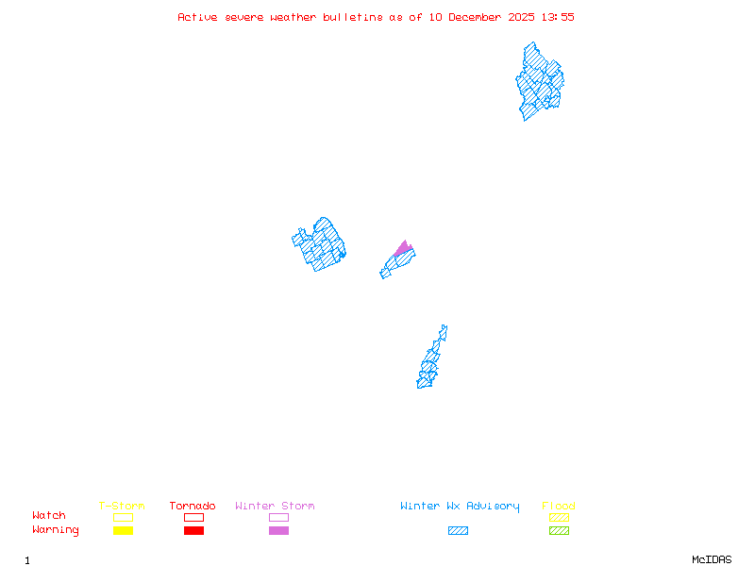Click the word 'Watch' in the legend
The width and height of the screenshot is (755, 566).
[x=49, y=516]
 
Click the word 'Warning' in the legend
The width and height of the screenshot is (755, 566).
[x=56, y=530]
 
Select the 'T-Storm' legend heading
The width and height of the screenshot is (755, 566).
[x=122, y=507]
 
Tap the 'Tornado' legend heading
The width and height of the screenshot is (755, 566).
[x=193, y=507]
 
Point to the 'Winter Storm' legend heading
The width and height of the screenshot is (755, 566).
[x=275, y=507]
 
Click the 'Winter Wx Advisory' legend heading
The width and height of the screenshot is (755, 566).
[x=460, y=507]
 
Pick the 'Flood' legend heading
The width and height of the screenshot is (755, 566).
[x=559, y=507]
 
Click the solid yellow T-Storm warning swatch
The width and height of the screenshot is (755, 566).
[x=123, y=531]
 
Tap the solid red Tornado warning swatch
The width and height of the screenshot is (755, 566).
[x=193, y=531]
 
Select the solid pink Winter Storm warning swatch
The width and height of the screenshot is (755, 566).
[x=278, y=531]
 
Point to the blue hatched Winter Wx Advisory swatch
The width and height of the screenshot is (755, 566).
[x=458, y=531]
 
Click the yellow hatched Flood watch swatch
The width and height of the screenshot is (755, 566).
[x=559, y=517]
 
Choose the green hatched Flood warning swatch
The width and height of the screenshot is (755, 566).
[x=559, y=531]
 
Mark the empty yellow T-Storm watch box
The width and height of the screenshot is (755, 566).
[x=123, y=517]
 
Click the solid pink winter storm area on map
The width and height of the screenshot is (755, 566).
[x=404, y=249]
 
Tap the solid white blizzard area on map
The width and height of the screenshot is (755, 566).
[x=446, y=341]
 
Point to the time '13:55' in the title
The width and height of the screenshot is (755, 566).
[x=557, y=17]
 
